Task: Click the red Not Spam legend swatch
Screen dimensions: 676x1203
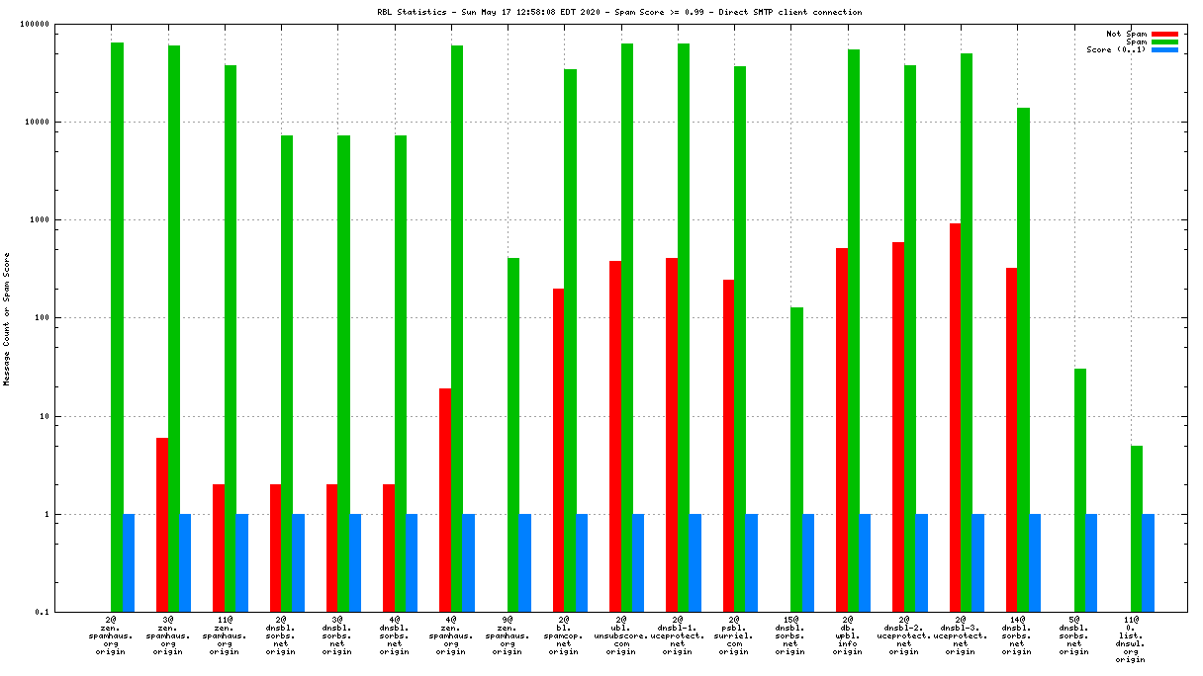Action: point(1164,34)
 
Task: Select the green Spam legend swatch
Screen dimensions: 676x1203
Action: point(1164,42)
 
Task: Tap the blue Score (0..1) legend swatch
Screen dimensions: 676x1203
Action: point(1164,49)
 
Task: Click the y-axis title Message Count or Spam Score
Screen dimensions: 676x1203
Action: point(7,318)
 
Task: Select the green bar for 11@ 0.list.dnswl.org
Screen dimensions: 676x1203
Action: point(1137,529)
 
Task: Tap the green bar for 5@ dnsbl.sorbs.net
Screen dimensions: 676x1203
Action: point(1080,490)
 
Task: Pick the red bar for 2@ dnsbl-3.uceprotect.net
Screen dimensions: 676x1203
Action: point(955,417)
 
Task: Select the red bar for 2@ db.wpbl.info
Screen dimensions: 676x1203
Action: point(842,430)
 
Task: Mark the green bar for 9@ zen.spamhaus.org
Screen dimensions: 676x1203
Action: point(513,435)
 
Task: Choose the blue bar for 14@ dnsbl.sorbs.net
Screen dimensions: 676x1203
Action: point(1035,563)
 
